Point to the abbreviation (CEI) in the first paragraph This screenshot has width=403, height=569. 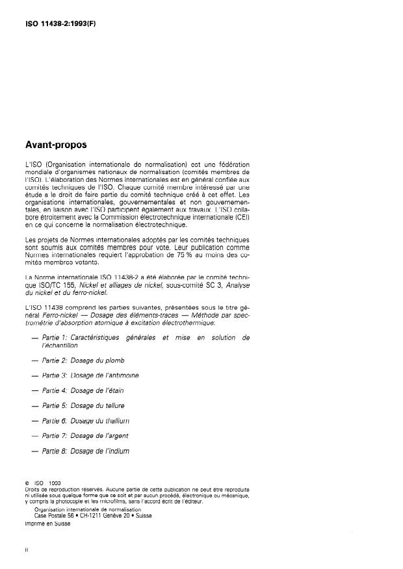point(240,218)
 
